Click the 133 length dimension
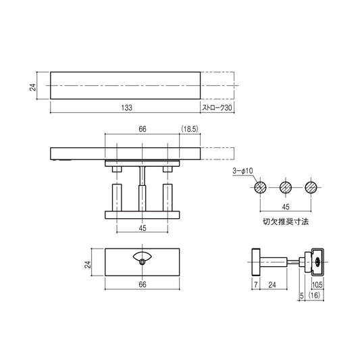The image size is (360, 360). (126, 107)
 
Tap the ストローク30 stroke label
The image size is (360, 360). (217, 107)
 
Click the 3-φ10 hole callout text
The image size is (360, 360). (242, 172)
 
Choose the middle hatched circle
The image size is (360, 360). (285, 187)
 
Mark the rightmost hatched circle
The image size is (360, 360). (311, 187)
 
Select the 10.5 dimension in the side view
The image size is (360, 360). (317, 285)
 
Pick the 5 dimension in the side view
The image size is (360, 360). (301, 294)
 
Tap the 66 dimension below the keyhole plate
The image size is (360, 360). (143, 285)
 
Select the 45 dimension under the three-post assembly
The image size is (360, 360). (143, 228)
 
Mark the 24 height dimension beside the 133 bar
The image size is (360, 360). (41, 86)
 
